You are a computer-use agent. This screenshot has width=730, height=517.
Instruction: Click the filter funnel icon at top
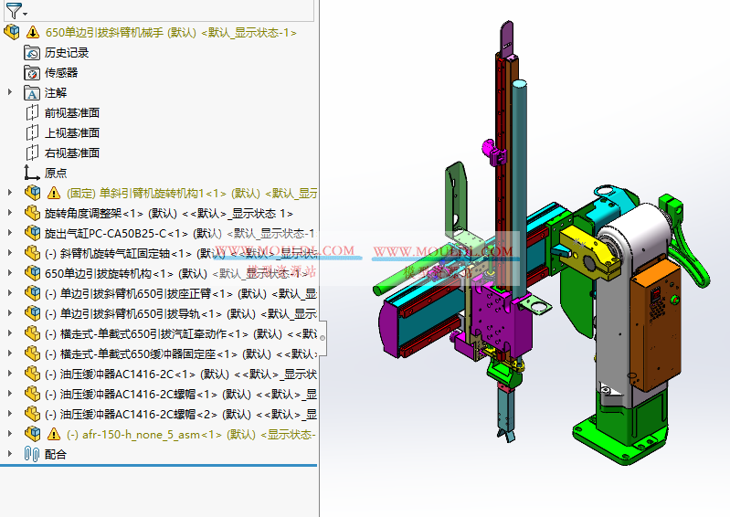(13, 11)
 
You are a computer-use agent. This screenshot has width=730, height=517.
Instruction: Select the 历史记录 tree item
(67, 53)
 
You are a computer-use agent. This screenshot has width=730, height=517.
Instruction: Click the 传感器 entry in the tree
(61, 73)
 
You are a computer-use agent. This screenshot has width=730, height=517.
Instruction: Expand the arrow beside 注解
(10, 92)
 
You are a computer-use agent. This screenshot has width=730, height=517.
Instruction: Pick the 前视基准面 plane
(71, 113)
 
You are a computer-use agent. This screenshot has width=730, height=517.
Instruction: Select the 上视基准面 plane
(71, 133)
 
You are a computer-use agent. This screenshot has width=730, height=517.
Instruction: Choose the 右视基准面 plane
(71, 153)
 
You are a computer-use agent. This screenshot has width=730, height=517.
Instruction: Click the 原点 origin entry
(55, 174)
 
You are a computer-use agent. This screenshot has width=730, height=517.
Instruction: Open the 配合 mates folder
(55, 455)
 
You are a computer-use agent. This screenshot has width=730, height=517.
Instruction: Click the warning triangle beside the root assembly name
(33, 33)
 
